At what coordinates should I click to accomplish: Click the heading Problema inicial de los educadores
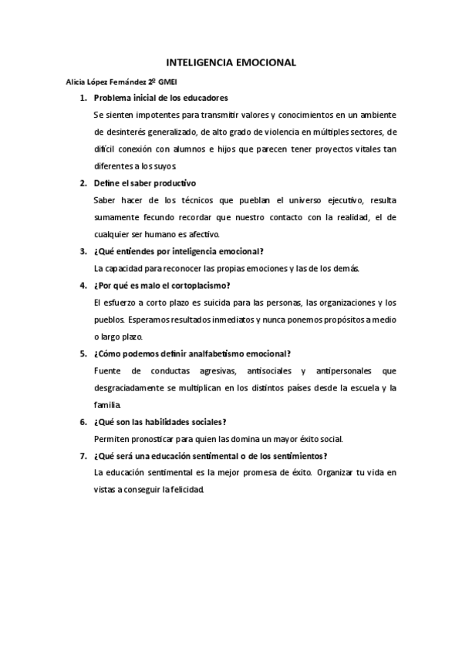pos(160,99)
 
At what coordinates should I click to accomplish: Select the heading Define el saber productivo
pos(145,183)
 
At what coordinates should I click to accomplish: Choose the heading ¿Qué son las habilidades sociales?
pos(160,422)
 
